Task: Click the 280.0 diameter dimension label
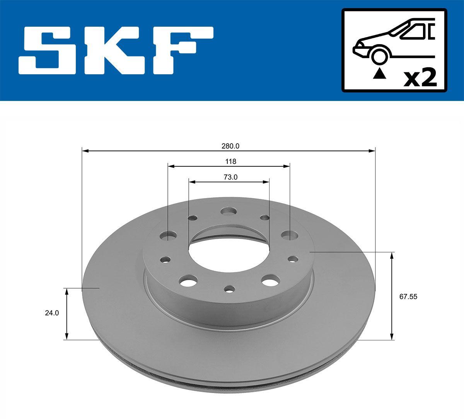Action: (x=230, y=146)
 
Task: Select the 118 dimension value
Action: (x=231, y=161)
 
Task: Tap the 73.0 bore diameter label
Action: (x=230, y=177)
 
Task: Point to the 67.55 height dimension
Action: (x=408, y=296)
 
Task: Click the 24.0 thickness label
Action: (x=52, y=313)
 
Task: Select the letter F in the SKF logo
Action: (x=183, y=50)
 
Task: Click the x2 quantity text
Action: (x=420, y=79)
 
